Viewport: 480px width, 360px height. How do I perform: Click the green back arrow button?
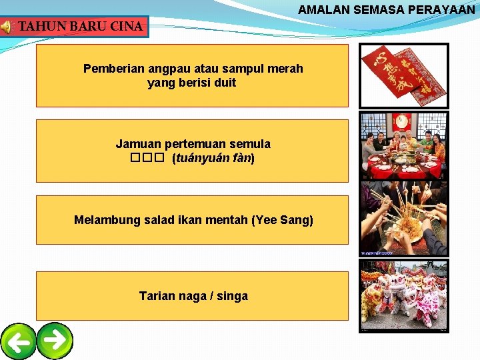point(19,341)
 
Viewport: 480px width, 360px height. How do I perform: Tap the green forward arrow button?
point(55,340)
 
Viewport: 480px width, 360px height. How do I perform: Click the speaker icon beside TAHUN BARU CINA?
point(6,27)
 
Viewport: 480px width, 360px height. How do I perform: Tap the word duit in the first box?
point(224,83)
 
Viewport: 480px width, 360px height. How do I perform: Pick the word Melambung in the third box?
point(107,220)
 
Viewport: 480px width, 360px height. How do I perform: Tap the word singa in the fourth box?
point(233,296)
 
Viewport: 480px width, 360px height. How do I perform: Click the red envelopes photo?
point(404,75)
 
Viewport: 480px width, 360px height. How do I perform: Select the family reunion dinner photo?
point(404,146)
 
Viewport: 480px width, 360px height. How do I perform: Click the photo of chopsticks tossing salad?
point(404,218)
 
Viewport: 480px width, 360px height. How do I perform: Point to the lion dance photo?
point(404,295)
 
